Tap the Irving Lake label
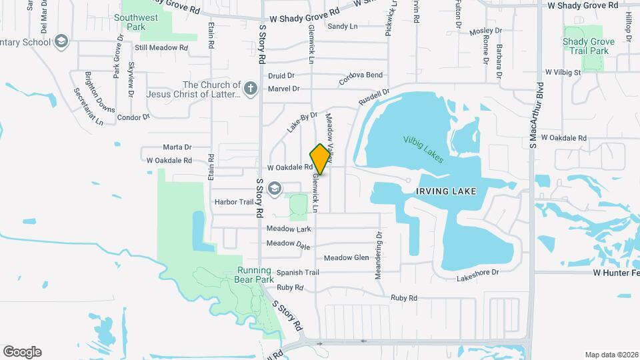[x=446, y=191]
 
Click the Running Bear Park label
[x=253, y=275]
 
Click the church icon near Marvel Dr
[x=250, y=89]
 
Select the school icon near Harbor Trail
[x=274, y=190]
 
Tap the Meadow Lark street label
[x=289, y=229]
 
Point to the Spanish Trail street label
[x=298, y=273]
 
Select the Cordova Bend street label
[x=361, y=75]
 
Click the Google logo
[x=22, y=351]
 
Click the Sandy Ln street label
[x=343, y=27]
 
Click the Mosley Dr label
[x=485, y=31]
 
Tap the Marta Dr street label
[x=177, y=147]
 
